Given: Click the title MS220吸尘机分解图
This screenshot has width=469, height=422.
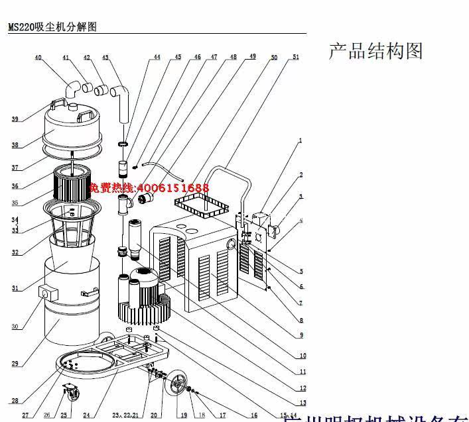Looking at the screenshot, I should (x=52, y=28).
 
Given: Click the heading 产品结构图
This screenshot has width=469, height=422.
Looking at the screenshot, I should (x=375, y=51).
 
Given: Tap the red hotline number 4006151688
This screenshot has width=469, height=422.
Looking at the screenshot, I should (x=159, y=188).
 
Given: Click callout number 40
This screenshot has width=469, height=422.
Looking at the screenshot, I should (x=38, y=58).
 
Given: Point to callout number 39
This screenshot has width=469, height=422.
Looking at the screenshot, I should (x=15, y=119).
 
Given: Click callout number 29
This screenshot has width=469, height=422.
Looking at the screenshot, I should (x=15, y=363).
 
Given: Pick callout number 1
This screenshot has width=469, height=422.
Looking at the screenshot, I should (x=300, y=140).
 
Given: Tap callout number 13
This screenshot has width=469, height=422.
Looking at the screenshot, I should (x=303, y=403).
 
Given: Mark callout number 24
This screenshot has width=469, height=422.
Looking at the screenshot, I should (x=86, y=415).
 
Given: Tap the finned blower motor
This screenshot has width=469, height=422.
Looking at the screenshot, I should (x=142, y=291).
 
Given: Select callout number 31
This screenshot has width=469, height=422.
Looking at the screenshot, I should (x=15, y=288).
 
